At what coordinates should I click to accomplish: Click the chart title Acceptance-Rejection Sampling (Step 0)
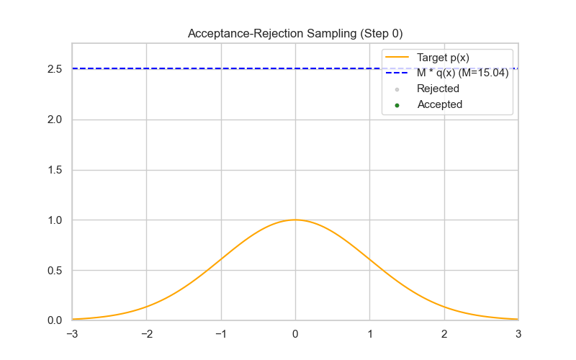click(295, 33)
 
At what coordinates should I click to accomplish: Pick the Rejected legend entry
click(438, 89)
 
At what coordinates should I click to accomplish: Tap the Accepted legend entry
click(439, 104)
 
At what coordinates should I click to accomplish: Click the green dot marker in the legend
click(397, 105)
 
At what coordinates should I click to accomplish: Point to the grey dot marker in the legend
click(397, 89)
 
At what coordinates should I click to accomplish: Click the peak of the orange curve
click(295, 220)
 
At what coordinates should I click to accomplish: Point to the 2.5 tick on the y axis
click(55, 69)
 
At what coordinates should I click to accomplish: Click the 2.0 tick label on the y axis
click(55, 120)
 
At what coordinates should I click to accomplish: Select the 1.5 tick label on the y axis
click(55, 170)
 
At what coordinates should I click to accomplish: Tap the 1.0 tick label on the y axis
click(55, 220)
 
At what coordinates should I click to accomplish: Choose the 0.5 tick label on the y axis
click(55, 271)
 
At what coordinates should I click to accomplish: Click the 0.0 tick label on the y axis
click(55, 320)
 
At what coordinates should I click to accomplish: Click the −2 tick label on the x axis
click(146, 334)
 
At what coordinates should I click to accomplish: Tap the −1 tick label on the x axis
click(220, 334)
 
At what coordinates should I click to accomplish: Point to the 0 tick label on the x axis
click(295, 334)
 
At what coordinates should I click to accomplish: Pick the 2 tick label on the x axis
click(444, 334)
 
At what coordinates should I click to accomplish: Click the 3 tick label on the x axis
click(518, 334)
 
